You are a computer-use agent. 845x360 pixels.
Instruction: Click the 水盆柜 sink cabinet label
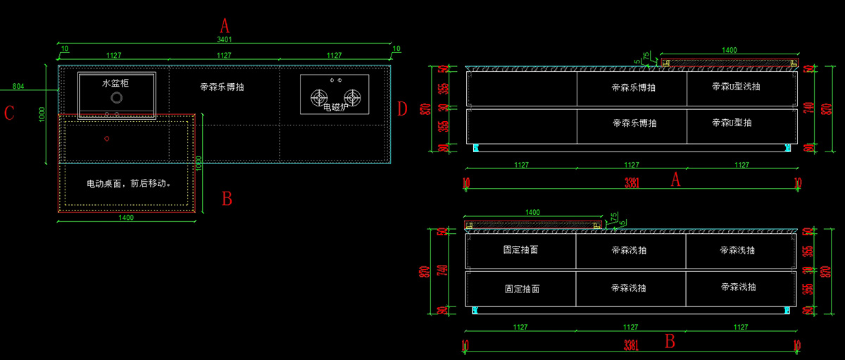pos(116,83)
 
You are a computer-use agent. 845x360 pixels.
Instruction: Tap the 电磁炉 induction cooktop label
pos(336,107)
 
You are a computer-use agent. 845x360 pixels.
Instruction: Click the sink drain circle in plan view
pos(117,99)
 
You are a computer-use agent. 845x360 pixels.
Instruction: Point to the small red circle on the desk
pos(107,138)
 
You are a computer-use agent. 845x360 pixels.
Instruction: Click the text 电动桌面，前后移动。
pos(129,183)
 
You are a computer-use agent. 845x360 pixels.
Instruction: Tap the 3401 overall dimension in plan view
pos(224,40)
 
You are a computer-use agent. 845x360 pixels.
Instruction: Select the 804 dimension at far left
pos(18,87)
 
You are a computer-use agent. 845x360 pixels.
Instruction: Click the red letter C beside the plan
pos(9,113)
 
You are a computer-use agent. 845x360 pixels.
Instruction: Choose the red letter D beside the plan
pos(402,109)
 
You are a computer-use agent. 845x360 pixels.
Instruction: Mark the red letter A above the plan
pos(225,27)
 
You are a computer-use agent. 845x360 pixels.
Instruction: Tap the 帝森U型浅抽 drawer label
pos(736,87)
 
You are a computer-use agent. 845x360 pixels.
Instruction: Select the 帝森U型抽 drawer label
pos(732,123)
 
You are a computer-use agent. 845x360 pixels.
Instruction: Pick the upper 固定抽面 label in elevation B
pos(521,249)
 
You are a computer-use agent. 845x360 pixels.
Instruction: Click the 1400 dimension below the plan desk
pos(126,218)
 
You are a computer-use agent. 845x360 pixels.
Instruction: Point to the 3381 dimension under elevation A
pos(632,183)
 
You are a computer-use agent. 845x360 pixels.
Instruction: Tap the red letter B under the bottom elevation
pos(670,342)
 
